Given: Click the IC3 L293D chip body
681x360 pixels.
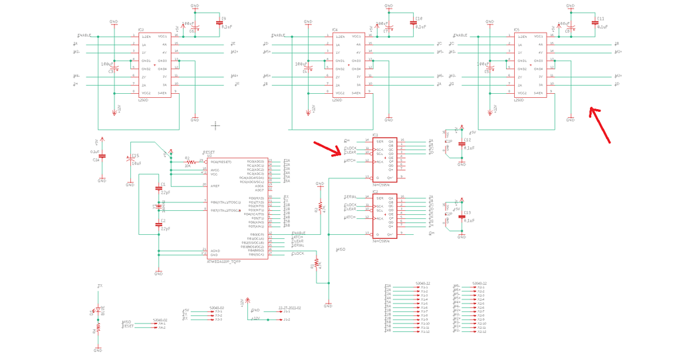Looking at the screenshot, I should coord(154,65).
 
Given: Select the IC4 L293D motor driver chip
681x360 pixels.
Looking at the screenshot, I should coord(348,65).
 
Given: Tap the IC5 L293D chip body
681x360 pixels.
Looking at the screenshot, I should coord(529,65).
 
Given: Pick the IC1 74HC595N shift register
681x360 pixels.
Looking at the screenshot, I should coord(384,160).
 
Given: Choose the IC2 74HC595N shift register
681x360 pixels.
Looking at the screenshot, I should coord(384,217).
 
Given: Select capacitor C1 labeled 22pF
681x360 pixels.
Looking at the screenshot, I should coord(158,188).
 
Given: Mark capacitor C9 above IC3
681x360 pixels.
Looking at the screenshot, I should coord(220,23).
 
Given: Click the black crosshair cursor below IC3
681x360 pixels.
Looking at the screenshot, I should coord(215,124).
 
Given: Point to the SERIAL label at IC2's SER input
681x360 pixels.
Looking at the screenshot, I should coord(350,198).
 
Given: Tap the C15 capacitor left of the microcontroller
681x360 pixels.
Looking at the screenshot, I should coord(130,160).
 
